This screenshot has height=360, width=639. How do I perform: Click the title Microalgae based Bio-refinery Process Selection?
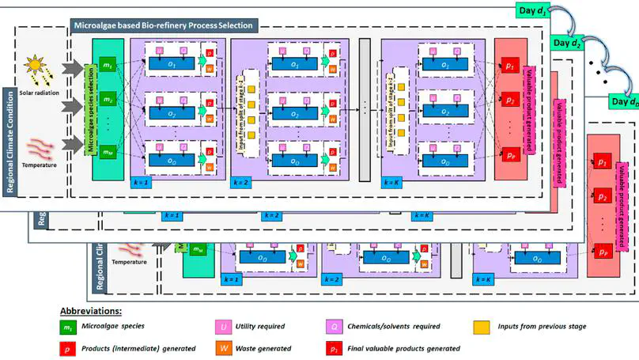tap(163, 25)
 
